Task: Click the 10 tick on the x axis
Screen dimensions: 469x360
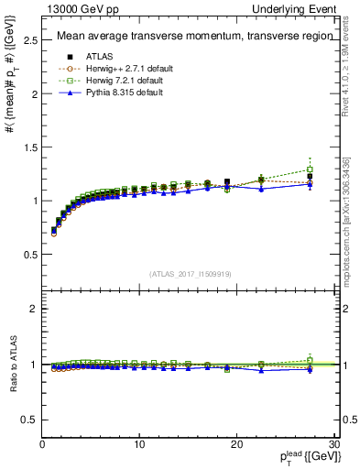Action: click(x=138, y=444)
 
